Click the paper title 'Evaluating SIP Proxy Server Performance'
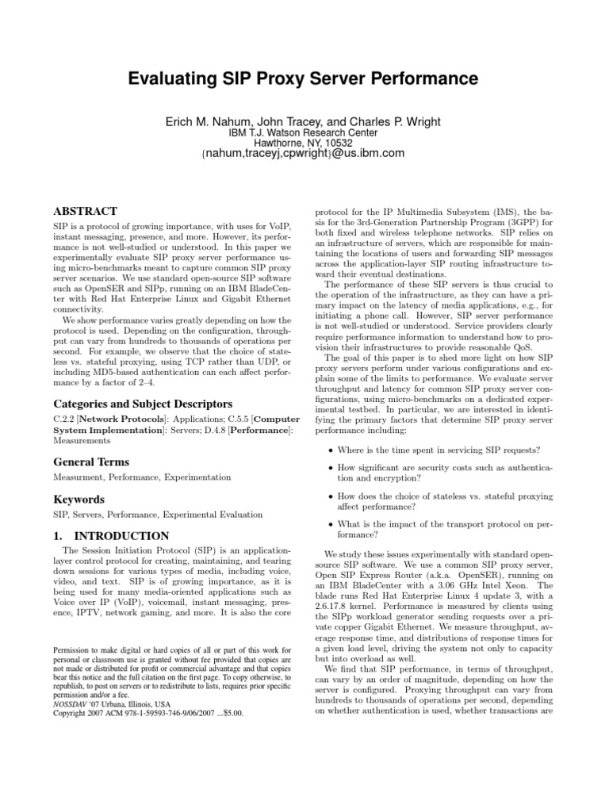[x=304, y=79]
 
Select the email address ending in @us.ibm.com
[x=304, y=154]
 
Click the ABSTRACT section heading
[x=84, y=212]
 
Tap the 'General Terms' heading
[x=90, y=462]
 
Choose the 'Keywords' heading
[x=78, y=500]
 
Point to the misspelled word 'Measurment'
[x=75, y=477]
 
